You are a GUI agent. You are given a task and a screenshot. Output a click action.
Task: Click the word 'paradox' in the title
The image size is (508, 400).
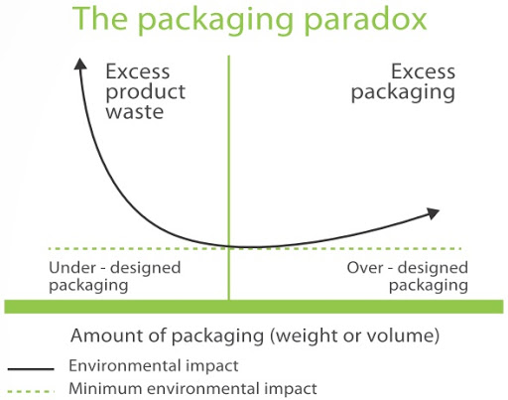coord(365,20)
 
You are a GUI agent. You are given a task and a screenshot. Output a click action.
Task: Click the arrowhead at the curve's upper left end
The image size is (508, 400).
coord(80,64)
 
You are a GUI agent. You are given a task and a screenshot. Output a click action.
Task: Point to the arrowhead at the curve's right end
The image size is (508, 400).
coord(433,213)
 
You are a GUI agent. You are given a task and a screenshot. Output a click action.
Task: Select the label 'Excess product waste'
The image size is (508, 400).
coord(146,91)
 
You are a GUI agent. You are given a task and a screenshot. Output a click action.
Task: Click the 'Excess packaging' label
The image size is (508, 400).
coord(403,82)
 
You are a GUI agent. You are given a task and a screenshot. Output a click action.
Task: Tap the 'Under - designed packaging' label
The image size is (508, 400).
coord(115,276)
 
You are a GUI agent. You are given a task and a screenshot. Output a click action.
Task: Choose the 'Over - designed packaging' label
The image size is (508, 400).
coord(408,276)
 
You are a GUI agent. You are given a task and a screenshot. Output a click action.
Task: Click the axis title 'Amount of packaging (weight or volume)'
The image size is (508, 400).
coord(255,335)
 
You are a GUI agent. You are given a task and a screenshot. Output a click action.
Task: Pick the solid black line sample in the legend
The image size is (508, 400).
coord(31,369)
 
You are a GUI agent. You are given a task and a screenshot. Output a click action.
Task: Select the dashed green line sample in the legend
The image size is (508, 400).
coord(31,391)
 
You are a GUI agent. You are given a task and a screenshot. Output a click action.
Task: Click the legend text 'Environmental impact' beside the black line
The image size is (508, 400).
coord(154,365)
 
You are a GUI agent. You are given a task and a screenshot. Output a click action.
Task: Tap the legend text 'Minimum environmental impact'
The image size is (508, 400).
coord(192,388)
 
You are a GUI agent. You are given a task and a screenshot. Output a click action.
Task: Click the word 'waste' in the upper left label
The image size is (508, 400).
coord(135,112)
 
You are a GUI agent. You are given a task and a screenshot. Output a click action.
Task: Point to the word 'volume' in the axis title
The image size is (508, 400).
coord(400,335)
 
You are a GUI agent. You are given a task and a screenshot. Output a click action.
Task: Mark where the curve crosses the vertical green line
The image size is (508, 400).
coord(229,246)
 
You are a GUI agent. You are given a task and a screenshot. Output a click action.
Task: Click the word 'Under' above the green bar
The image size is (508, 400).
coord(72,268)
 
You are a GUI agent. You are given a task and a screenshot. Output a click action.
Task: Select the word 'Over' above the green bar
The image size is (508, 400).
coord(365,268)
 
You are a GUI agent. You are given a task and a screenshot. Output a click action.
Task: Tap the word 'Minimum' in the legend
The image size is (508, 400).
coord(105,388)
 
